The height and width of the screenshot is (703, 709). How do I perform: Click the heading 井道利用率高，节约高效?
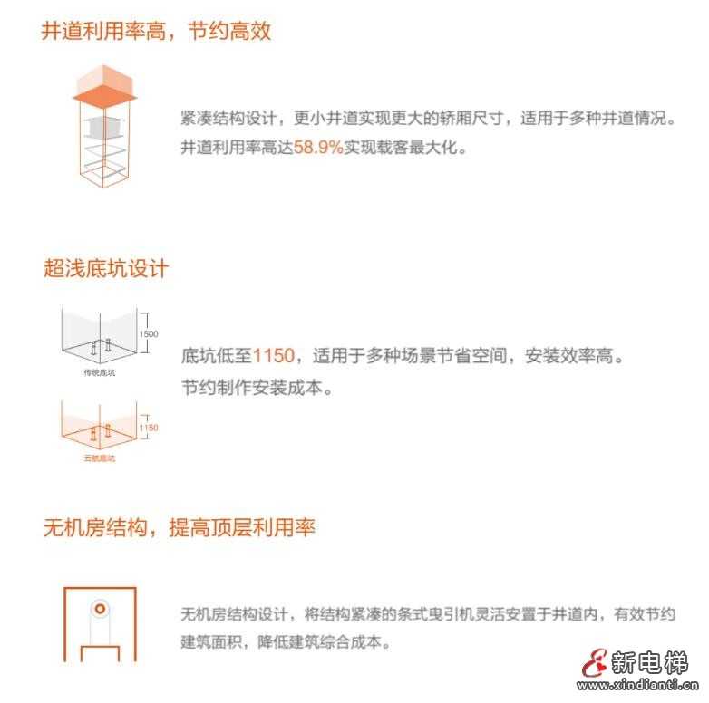point(156,32)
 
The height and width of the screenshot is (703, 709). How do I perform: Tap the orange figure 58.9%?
point(318,147)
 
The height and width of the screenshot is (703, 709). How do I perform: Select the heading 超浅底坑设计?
point(105,269)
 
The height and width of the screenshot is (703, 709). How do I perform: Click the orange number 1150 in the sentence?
point(274,356)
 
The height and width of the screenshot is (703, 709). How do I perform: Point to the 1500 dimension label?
point(149,334)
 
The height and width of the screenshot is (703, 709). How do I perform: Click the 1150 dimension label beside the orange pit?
point(149,428)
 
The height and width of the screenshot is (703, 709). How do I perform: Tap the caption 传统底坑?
point(100,372)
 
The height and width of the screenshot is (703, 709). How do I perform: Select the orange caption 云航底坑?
point(100,458)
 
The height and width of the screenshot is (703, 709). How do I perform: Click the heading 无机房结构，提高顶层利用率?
point(179,528)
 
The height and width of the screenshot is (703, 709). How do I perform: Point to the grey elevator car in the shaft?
point(102,126)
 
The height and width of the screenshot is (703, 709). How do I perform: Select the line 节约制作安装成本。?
point(257,388)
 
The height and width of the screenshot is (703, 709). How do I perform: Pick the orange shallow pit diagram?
point(99,426)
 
